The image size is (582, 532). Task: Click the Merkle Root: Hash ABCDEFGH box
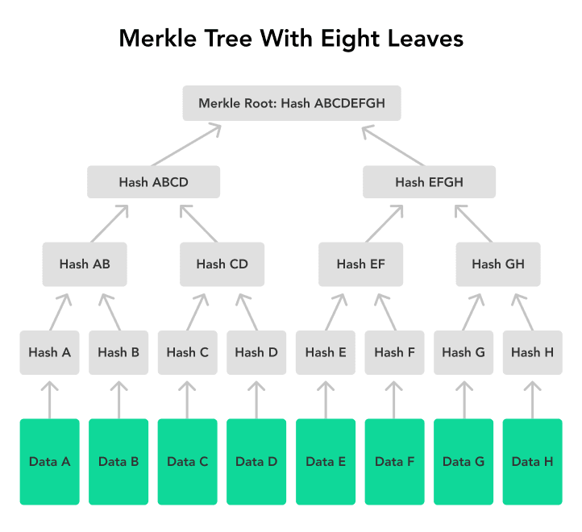pyautogui.click(x=291, y=103)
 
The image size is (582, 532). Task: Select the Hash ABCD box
pyautogui.click(x=153, y=182)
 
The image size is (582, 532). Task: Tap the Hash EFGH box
pyautogui.click(x=429, y=182)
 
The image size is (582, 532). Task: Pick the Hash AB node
pyautogui.click(x=85, y=264)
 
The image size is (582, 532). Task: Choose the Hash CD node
pyautogui.click(x=222, y=264)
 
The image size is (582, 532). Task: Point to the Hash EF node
pyautogui.click(x=360, y=264)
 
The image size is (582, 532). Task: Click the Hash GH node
pyautogui.click(x=497, y=264)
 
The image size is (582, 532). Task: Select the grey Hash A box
pyautogui.click(x=50, y=352)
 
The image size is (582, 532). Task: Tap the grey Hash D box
pyautogui.click(x=256, y=352)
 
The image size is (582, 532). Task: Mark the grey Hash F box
pyautogui.click(x=395, y=352)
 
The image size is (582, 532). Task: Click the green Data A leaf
pyautogui.click(x=50, y=462)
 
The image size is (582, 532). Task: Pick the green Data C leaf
pyautogui.click(x=188, y=462)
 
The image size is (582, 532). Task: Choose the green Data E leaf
pyautogui.click(x=326, y=462)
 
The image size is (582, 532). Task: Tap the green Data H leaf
pyautogui.click(x=532, y=462)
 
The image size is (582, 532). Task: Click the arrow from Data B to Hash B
pyautogui.click(x=118, y=399)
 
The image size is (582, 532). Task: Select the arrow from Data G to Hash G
pyautogui.click(x=464, y=399)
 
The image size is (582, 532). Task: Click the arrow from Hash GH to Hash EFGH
pyautogui.click(x=474, y=223)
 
